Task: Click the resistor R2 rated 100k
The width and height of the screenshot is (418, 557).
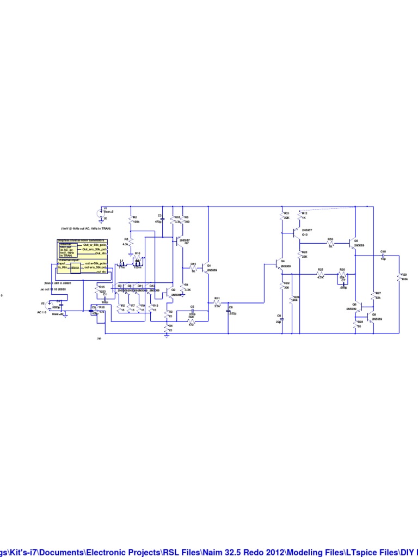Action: pos(131,219)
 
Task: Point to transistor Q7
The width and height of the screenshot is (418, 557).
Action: pos(179,239)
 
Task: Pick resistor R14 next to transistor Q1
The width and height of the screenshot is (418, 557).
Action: pos(193,268)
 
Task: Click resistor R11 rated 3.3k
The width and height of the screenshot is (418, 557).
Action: pos(217,302)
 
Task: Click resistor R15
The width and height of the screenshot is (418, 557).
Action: pos(97,290)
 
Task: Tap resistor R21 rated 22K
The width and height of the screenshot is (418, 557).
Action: pos(282,216)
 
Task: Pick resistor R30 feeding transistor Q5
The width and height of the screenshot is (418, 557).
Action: pos(330,243)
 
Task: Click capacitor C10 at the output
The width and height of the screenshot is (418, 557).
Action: pos(383,255)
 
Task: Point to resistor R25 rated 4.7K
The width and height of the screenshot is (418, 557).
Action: pos(321,274)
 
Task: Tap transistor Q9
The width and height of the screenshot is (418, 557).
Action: pos(370,317)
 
